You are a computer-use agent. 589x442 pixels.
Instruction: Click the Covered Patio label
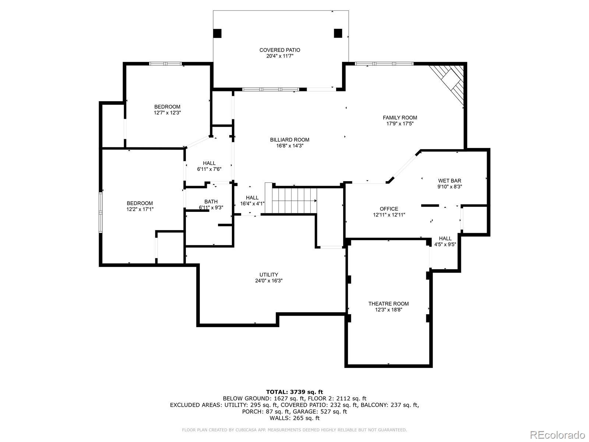click(280, 50)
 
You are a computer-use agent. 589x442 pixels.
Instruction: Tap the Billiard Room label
click(290, 140)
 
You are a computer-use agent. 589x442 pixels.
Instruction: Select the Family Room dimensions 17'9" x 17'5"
click(400, 124)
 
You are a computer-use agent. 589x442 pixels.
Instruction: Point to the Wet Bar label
click(449, 181)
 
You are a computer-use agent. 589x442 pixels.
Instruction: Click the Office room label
click(389, 209)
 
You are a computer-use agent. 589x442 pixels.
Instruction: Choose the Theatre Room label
click(388, 304)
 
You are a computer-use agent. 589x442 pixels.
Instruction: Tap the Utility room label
click(269, 275)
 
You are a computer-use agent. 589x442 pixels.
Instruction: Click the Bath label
click(211, 202)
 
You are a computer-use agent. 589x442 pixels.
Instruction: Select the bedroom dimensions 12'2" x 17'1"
click(140, 209)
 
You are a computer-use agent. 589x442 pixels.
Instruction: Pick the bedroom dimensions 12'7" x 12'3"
click(167, 113)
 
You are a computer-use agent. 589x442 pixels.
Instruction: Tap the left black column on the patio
click(217, 33)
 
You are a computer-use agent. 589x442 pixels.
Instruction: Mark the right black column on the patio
click(338, 33)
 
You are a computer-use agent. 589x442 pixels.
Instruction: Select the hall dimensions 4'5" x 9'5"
click(445, 245)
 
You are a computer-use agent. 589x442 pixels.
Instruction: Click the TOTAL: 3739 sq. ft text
click(294, 392)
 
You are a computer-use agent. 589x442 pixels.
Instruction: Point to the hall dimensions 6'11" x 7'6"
click(209, 169)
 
